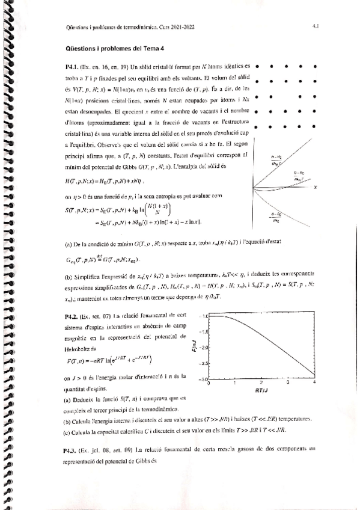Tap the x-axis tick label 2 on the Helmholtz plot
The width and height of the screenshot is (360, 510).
261,382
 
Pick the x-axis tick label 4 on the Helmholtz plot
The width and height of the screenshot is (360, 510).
315,382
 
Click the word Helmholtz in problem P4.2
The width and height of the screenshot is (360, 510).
77,347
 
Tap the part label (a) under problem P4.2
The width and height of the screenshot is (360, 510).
67,398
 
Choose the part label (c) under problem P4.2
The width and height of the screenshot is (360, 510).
67,430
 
